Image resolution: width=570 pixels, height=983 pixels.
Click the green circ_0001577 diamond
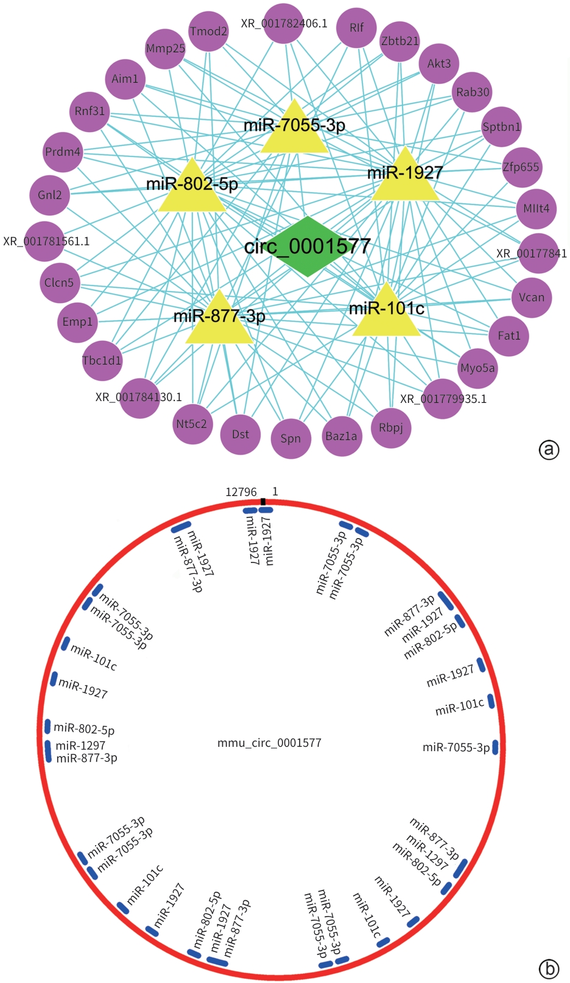click(x=308, y=247)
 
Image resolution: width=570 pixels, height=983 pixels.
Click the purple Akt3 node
click(x=439, y=63)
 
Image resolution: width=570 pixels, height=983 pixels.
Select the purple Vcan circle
click(x=532, y=297)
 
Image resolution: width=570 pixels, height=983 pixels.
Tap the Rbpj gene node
click(x=391, y=427)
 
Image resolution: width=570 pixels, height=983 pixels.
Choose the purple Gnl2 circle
click(x=50, y=195)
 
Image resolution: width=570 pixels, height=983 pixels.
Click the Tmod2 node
click(x=208, y=31)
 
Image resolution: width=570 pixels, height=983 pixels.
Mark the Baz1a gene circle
click(x=341, y=436)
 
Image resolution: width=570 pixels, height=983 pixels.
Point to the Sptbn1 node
click(x=501, y=127)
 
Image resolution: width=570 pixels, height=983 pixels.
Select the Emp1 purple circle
click(x=77, y=321)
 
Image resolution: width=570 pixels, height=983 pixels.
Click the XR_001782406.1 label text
click(x=284, y=24)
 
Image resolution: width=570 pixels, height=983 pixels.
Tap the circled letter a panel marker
click(x=549, y=449)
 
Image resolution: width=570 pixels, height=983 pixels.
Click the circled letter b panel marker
click(x=549, y=968)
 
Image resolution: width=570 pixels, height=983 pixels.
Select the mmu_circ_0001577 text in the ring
click(x=269, y=743)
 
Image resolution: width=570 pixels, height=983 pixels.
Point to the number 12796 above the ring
click(x=241, y=492)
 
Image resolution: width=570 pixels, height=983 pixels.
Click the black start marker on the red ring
click(x=262, y=502)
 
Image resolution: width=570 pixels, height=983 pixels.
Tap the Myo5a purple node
click(x=477, y=368)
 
